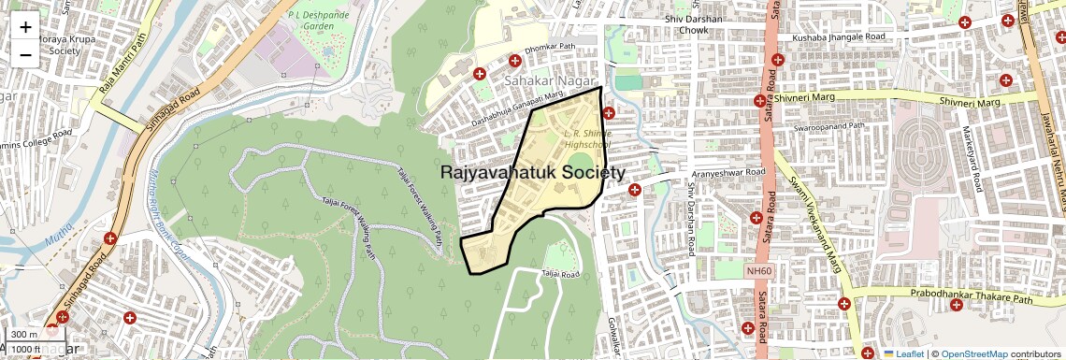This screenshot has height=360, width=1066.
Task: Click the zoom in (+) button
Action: (25, 26)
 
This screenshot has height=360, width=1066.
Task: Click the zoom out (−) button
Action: (25, 54)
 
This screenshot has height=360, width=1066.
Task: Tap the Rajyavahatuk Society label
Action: (532, 173)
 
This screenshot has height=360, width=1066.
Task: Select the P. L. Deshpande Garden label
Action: (318, 22)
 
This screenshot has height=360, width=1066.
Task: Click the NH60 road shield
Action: (758, 271)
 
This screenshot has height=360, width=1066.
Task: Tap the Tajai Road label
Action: (560, 274)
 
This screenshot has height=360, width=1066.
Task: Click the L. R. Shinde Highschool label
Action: (587, 139)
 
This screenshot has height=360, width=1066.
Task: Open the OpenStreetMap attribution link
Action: (973, 354)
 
